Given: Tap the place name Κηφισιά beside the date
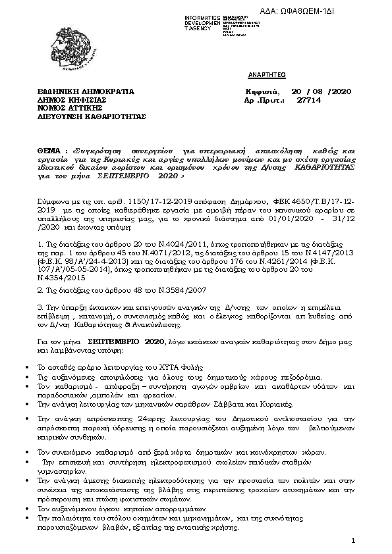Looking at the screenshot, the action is (262, 92).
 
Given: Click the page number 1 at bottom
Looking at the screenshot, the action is (353, 541).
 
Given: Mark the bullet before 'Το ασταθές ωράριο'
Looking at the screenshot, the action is (26, 366).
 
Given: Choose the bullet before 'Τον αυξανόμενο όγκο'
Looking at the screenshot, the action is (26, 510).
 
